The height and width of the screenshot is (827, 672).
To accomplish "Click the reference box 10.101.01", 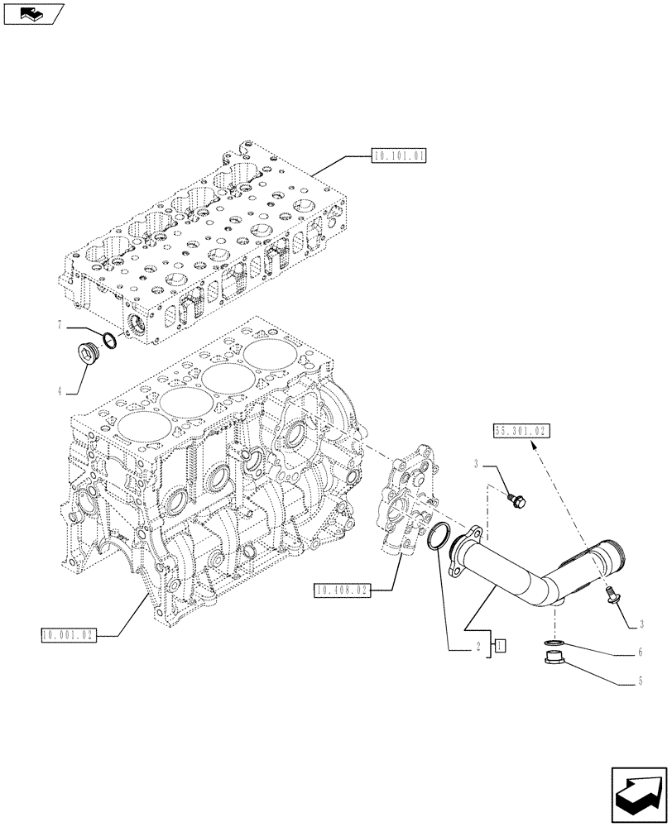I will pos(399,155).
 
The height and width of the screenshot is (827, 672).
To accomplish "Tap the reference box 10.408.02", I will pos(341,590).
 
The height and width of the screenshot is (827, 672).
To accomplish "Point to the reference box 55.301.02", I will pos(521,431).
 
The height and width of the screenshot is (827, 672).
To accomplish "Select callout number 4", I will pos(60,390).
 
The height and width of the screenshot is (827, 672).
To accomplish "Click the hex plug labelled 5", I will pos(554,661).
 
